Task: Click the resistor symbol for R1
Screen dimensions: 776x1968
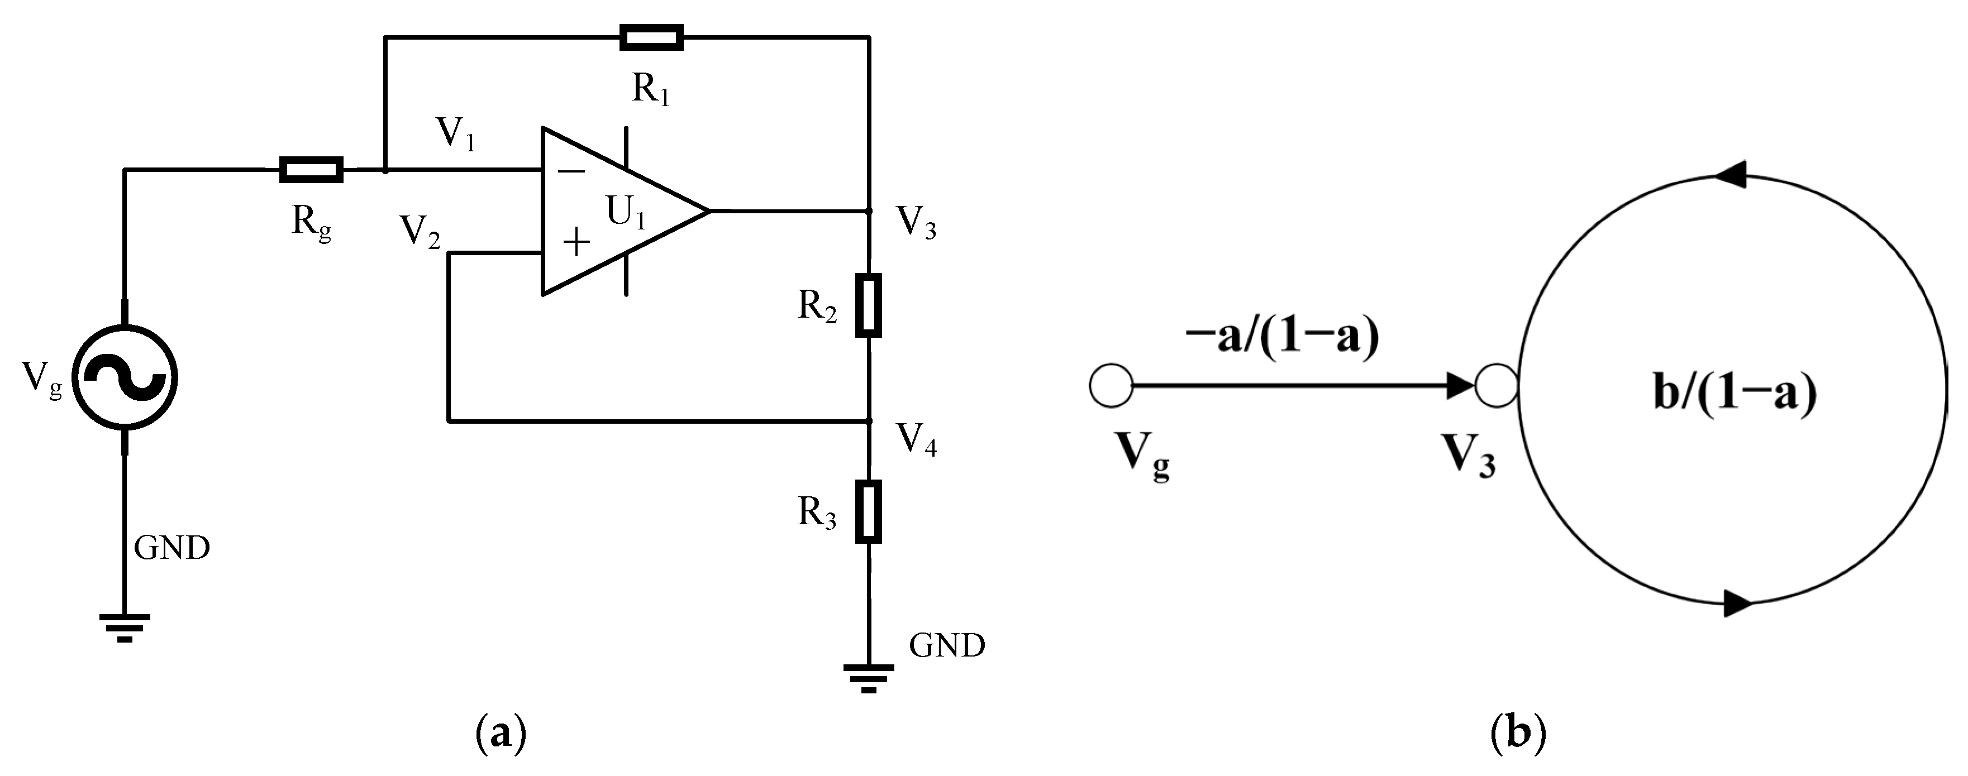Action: pos(651,37)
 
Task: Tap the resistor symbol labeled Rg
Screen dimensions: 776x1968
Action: pos(311,170)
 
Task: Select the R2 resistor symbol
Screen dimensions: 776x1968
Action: pos(869,305)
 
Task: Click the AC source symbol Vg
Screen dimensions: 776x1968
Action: pos(125,376)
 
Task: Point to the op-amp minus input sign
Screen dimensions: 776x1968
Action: pos(571,171)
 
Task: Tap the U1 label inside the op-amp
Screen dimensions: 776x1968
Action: pos(626,212)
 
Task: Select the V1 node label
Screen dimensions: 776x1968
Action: pos(455,135)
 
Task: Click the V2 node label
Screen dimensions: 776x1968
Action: pos(420,231)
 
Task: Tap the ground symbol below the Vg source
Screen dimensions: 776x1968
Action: pos(125,627)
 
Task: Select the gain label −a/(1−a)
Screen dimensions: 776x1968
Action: pos(1282,337)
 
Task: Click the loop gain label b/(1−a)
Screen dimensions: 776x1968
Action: pos(1734,395)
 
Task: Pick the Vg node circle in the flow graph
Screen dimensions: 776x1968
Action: pos(1111,386)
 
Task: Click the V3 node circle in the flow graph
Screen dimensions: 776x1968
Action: pos(1496,386)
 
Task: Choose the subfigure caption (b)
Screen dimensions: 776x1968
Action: pos(1518,733)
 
